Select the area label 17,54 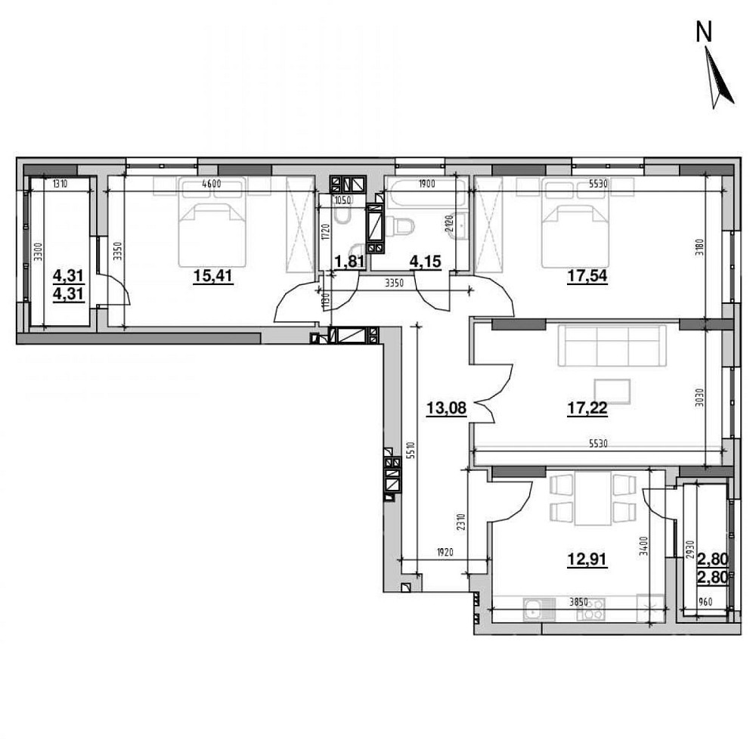tap(587, 277)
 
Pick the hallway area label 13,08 tap(446, 409)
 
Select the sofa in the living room tap(612, 345)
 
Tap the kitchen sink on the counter tap(535, 609)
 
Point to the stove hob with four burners tap(590, 609)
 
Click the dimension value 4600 tap(212, 182)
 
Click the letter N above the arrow tap(704, 32)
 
